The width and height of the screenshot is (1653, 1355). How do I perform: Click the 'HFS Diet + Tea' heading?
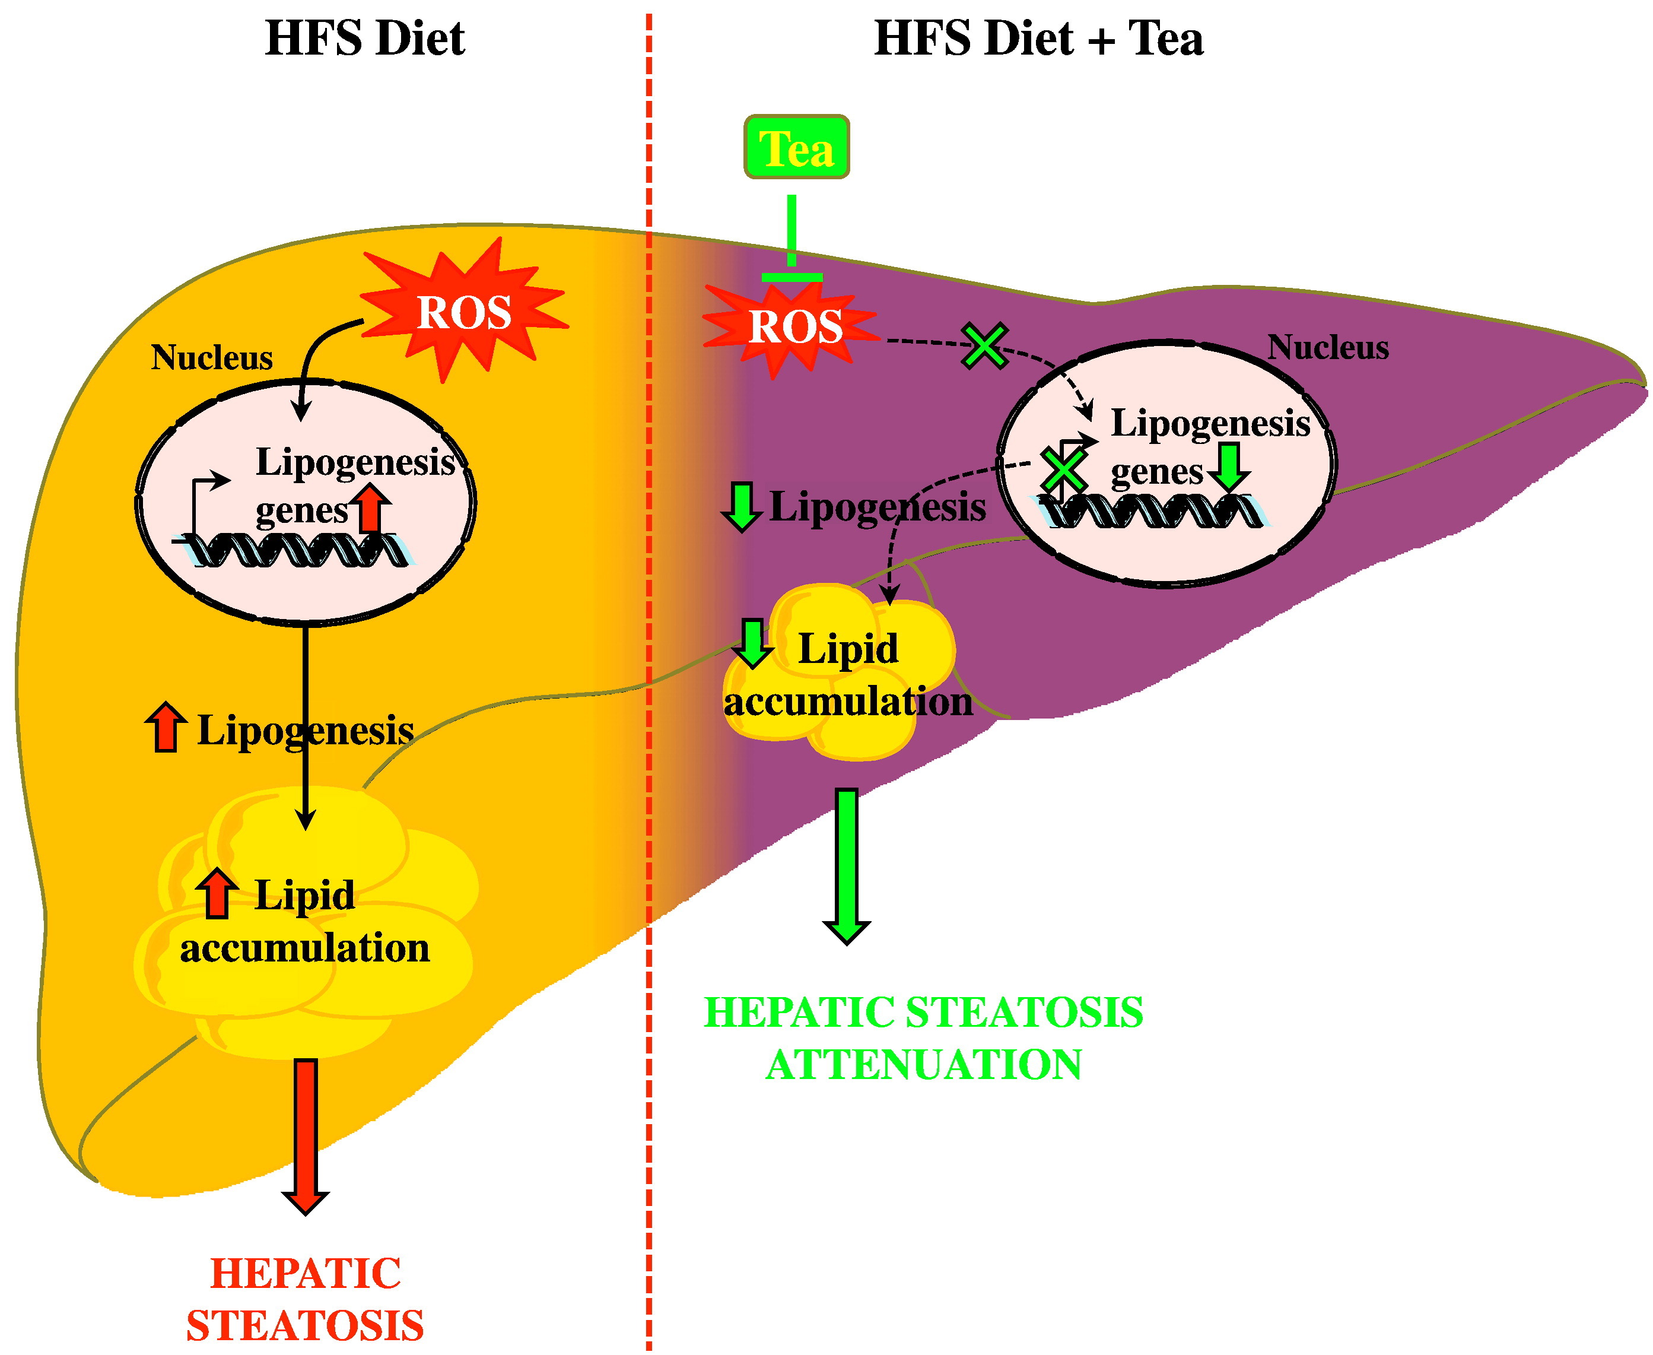[x=1038, y=39]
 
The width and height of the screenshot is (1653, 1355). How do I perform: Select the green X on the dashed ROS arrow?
[x=984, y=346]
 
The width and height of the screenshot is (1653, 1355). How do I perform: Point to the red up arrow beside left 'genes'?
[x=371, y=508]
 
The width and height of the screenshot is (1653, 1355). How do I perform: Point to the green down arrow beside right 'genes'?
[x=1229, y=467]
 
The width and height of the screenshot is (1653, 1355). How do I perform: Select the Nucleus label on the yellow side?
[x=211, y=357]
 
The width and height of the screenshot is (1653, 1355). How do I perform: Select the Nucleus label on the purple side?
[x=1328, y=347]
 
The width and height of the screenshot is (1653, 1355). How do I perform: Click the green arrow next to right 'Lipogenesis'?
[x=741, y=506]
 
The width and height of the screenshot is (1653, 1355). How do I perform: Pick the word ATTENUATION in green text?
[x=924, y=1065]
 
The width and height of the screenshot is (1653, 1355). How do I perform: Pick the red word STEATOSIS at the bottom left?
[x=305, y=1325]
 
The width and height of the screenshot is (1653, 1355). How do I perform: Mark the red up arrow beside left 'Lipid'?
[x=217, y=894]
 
